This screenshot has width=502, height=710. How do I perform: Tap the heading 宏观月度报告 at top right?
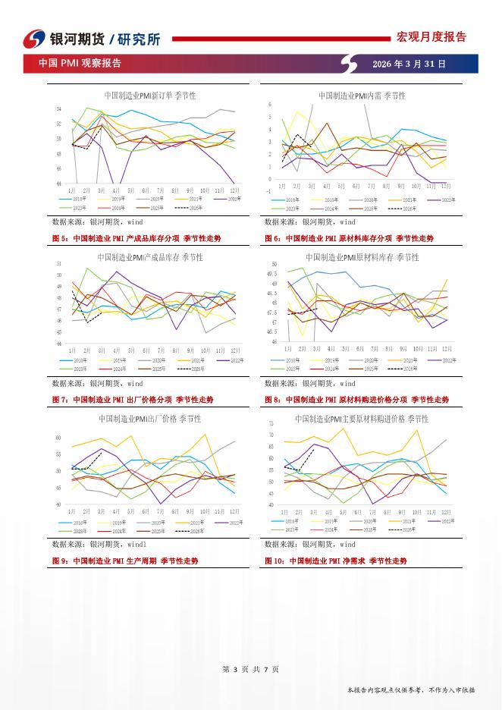[x=431, y=36]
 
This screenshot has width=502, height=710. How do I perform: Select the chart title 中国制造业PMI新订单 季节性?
[x=150, y=96]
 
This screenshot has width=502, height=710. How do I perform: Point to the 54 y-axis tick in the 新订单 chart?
[x=58, y=109]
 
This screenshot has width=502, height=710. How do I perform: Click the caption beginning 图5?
[x=136, y=238]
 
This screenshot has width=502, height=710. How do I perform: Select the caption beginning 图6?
[x=349, y=238]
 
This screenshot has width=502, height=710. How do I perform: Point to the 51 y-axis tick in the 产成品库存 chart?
[x=58, y=264]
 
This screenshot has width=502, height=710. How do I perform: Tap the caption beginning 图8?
[x=356, y=399]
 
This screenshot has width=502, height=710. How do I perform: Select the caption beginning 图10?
[x=335, y=561]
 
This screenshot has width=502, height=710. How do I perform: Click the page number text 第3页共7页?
[x=251, y=668]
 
